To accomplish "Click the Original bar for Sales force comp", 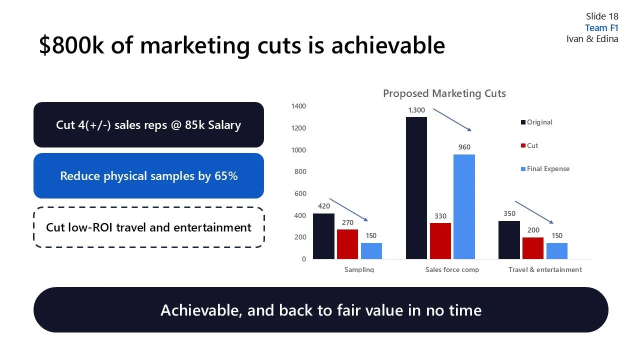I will tap(416, 188).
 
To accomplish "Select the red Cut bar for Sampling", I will tap(347, 244).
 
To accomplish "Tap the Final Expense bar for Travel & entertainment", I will tap(556, 251).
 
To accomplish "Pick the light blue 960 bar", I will tap(464, 206).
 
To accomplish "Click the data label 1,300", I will tap(416, 110).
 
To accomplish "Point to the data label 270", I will tap(347, 222).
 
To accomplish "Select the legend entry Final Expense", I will tap(548, 169).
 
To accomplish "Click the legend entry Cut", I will tap(532, 145).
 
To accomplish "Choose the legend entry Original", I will tap(539, 122).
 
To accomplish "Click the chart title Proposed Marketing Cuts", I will tap(444, 93).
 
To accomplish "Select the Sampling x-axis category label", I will tap(359, 269).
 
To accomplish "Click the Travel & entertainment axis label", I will tap(545, 269).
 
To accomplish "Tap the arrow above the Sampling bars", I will tap(348, 210).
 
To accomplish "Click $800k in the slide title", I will tap(71, 45).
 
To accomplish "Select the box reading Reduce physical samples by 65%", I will tap(148, 176).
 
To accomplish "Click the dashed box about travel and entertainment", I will tap(148, 227).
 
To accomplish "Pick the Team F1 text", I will tap(601, 28).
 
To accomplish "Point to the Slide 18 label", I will tap(602, 16).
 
